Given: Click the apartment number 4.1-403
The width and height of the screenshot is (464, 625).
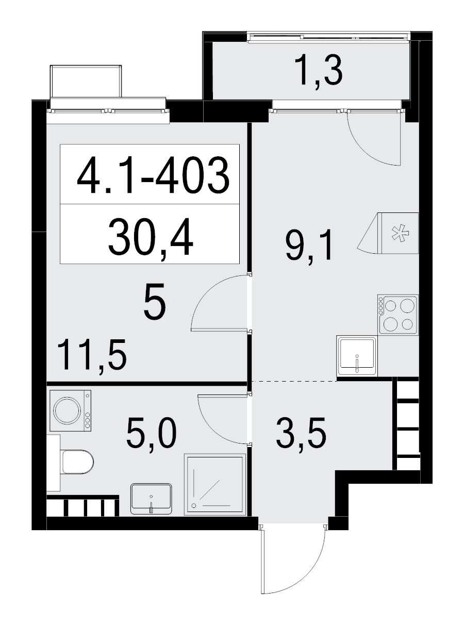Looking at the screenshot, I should (152, 175).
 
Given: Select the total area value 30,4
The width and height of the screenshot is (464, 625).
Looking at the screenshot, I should (150, 237).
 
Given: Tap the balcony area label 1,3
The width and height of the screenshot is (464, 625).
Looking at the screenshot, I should (319, 72).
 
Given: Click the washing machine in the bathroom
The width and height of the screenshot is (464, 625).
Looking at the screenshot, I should (70, 410).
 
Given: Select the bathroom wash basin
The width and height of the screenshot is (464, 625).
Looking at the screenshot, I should (151, 498).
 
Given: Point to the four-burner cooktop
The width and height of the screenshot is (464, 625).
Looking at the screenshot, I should (397, 314).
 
